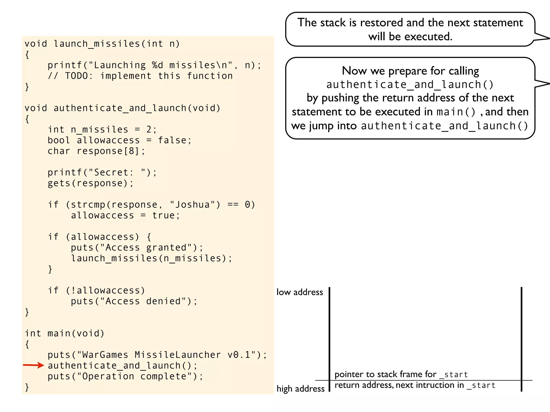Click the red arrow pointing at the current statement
33,365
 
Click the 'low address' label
300,292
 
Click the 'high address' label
301,389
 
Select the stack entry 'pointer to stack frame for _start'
401,374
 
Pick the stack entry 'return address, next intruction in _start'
415,385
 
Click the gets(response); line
91,183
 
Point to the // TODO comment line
140,76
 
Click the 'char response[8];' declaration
96,151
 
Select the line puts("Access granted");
137,248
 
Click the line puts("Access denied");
134,301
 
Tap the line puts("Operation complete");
125,376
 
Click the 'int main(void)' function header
65,333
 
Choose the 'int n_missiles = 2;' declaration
102,130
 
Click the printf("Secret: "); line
102,172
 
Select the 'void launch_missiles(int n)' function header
102,44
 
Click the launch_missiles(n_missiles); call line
151,258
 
